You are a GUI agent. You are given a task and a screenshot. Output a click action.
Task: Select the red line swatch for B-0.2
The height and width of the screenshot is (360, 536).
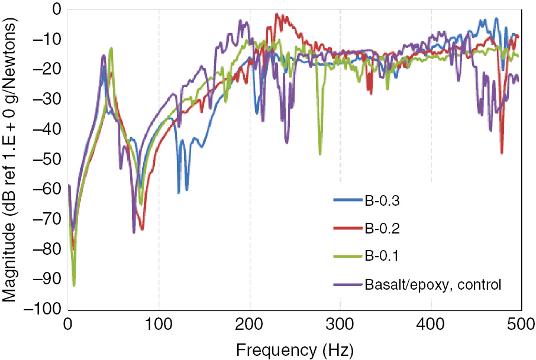(x=347, y=228)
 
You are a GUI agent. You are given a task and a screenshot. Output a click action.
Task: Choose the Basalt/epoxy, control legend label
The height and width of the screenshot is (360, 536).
(x=433, y=284)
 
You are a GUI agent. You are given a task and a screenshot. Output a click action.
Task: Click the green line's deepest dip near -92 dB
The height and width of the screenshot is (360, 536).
(x=74, y=286)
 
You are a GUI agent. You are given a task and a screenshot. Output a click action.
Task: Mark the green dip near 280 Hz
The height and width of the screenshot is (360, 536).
(x=320, y=154)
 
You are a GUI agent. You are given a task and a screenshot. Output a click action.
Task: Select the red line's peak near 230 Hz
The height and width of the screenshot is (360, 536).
(x=277, y=14)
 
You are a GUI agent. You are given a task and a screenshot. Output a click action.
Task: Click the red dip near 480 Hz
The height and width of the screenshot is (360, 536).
(x=502, y=153)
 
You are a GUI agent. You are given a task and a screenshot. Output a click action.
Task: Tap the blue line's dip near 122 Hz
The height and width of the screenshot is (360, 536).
(x=179, y=193)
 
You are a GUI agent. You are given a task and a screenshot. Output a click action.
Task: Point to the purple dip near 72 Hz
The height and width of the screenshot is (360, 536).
(x=134, y=232)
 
